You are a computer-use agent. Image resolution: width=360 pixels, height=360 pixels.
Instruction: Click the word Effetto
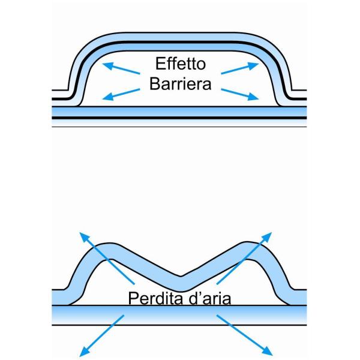(x=179, y=63)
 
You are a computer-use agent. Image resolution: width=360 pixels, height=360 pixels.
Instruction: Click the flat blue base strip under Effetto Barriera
(x=180, y=112)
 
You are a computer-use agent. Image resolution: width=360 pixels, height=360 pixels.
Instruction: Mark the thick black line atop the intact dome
(x=180, y=43)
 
